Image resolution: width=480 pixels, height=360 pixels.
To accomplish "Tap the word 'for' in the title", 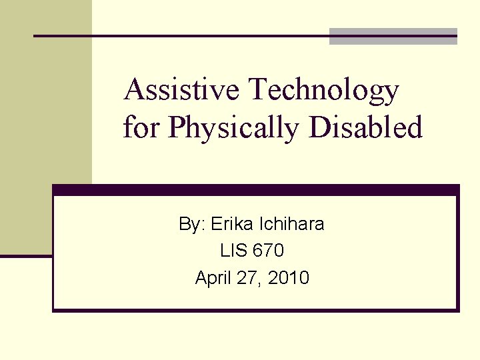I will click(x=137, y=127).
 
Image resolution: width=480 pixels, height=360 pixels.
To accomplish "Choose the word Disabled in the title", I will click(x=365, y=127).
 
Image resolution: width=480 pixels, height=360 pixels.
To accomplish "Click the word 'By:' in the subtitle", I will click(x=192, y=225).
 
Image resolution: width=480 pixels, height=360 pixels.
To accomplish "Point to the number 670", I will click(x=269, y=251).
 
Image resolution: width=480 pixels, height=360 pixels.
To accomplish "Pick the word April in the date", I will click(x=212, y=278).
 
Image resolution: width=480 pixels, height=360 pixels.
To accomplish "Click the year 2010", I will click(x=289, y=278).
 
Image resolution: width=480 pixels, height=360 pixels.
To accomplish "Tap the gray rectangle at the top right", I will click(x=393, y=37).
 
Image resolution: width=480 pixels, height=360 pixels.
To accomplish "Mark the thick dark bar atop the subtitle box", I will click(x=256, y=190).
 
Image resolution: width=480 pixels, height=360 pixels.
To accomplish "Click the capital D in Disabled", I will click(x=319, y=127).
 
